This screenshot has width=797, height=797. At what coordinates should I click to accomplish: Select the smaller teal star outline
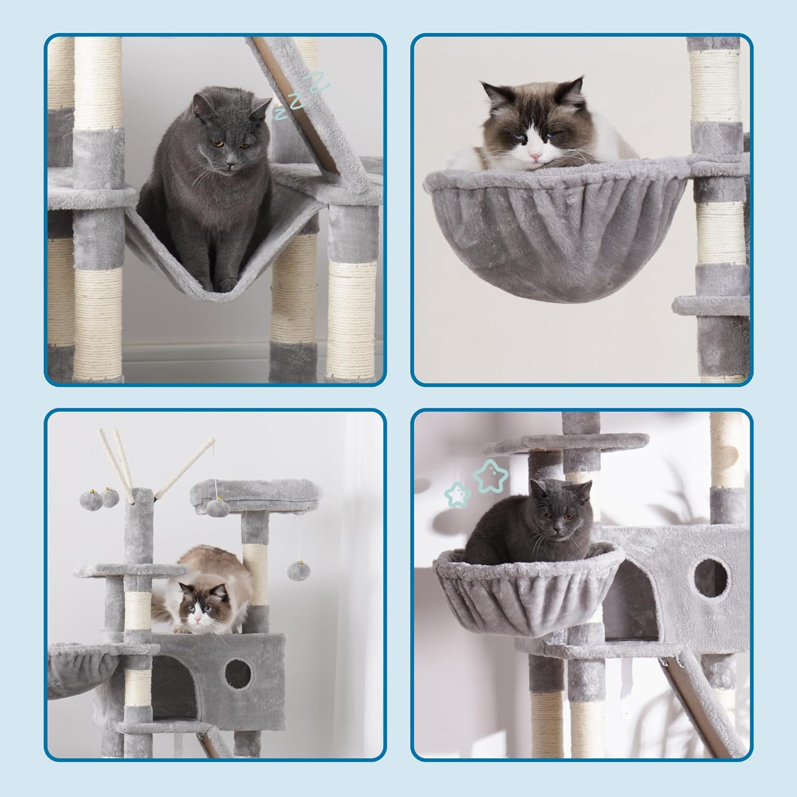pyautogui.click(x=458, y=494)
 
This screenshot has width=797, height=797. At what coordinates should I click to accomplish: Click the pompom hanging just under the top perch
pyautogui.click(x=218, y=507)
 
